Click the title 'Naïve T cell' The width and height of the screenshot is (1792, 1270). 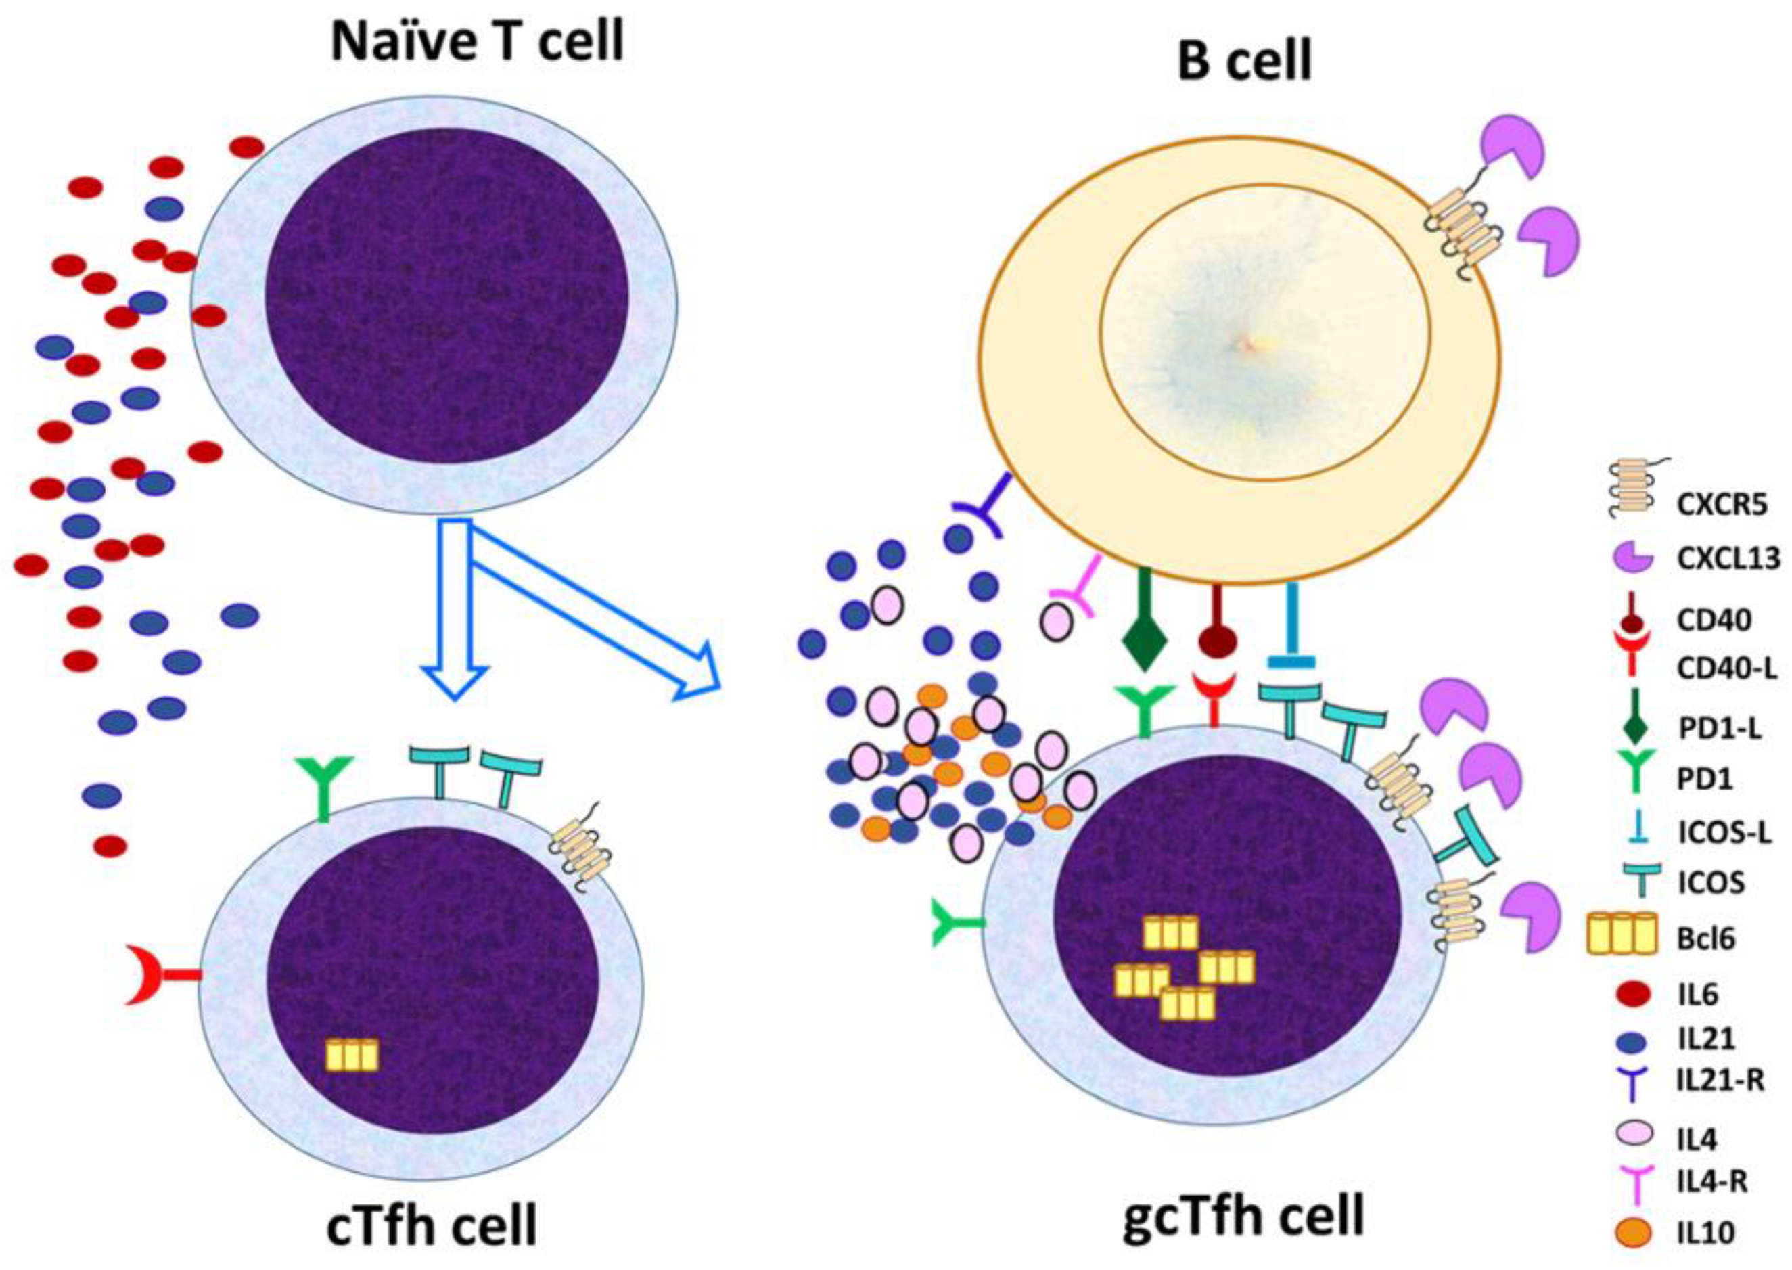coord(478,41)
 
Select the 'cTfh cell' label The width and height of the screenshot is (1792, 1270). coord(432,1225)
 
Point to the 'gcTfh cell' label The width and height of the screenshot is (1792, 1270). coord(1244,1217)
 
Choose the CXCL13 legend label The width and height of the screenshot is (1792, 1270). coord(1728,558)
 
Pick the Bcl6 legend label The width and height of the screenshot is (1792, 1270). coord(1705,938)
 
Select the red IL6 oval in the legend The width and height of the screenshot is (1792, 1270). coord(1632,995)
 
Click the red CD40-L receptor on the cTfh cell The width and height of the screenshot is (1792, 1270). coord(156,974)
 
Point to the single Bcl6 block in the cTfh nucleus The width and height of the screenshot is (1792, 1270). coord(352,1055)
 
